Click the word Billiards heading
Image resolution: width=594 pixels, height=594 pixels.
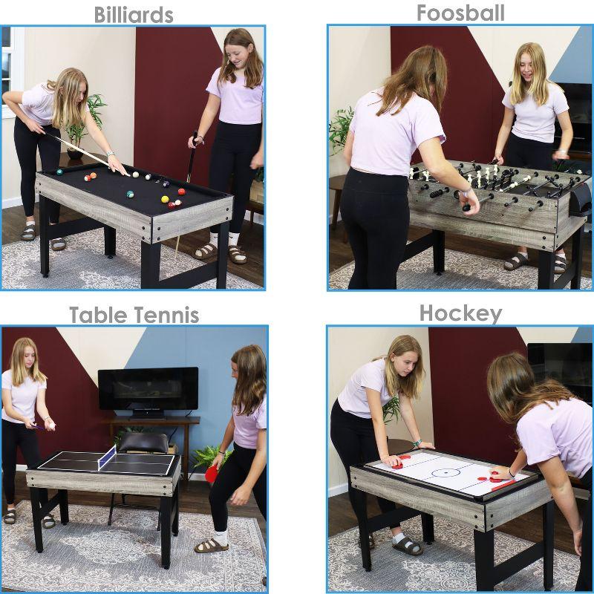(133, 15)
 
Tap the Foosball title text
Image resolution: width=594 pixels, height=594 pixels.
(460, 13)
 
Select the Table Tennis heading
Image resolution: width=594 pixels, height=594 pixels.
(134, 315)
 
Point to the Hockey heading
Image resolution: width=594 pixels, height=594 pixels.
(460, 313)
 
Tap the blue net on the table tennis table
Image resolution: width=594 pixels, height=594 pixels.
(108, 457)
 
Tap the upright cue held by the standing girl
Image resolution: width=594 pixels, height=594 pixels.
(191, 163)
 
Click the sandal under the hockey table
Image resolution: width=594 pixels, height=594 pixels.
(408, 545)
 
